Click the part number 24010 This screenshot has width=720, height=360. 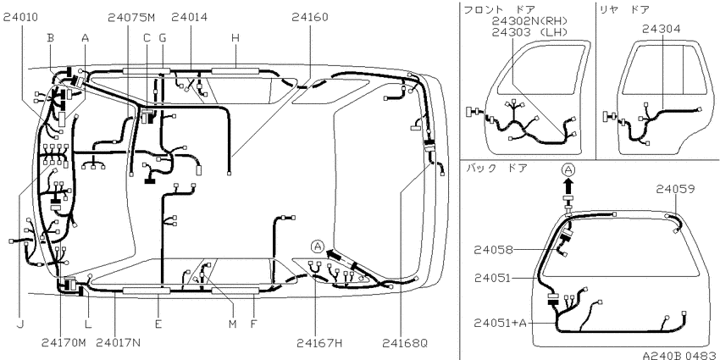(x=20, y=17)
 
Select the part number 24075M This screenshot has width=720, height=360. (x=132, y=17)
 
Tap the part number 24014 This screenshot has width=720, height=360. (x=189, y=17)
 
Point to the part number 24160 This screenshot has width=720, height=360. (x=309, y=17)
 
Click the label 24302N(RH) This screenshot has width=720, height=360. (x=529, y=21)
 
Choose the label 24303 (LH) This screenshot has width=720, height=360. (x=529, y=32)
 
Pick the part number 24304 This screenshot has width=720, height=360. (x=662, y=29)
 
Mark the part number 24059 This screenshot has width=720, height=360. (x=675, y=189)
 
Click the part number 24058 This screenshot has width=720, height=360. (x=493, y=249)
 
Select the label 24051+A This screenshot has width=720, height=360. (x=500, y=323)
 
